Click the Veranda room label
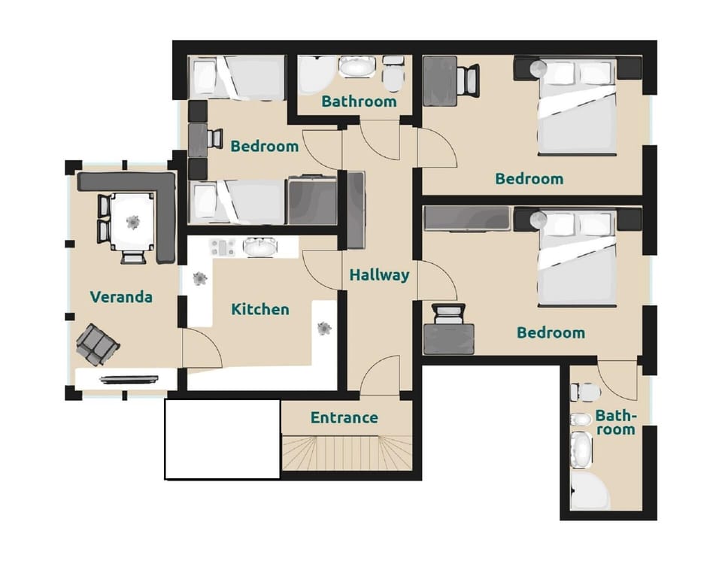pyautogui.click(x=121, y=297)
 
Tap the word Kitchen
pyautogui.click(x=259, y=309)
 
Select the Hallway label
pyautogui.click(x=379, y=275)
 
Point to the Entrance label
pyautogui.click(x=344, y=418)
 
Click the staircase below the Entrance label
pyautogui.click(x=347, y=453)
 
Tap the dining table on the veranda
pyautogui.click(x=133, y=221)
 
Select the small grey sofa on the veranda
pyautogui.click(x=97, y=344)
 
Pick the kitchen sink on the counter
pyautogui.click(x=259, y=247)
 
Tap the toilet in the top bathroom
pyautogui.click(x=393, y=73)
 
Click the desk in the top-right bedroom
pyautogui.click(x=440, y=81)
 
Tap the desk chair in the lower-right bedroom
pyautogui.click(x=450, y=313)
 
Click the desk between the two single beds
pyautogui.click(x=198, y=139)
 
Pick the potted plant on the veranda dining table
pyautogui.click(x=133, y=221)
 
